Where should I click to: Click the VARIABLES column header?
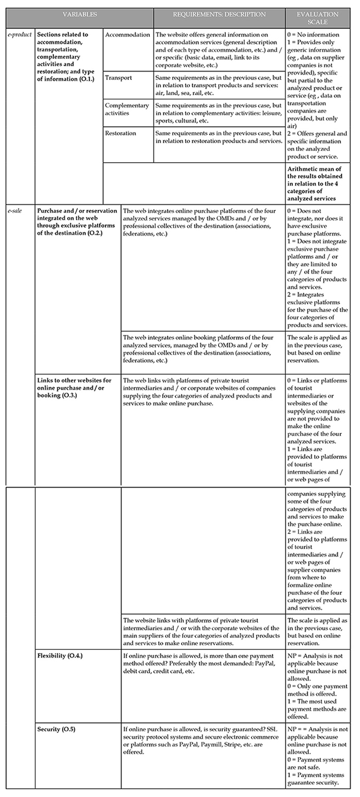click(80, 15)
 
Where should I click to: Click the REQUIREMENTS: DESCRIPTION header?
click(219, 15)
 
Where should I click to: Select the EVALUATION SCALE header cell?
click(317, 18)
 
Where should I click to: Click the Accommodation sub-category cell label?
click(128, 35)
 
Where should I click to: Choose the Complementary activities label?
click(127, 109)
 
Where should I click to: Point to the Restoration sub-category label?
click(121, 133)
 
